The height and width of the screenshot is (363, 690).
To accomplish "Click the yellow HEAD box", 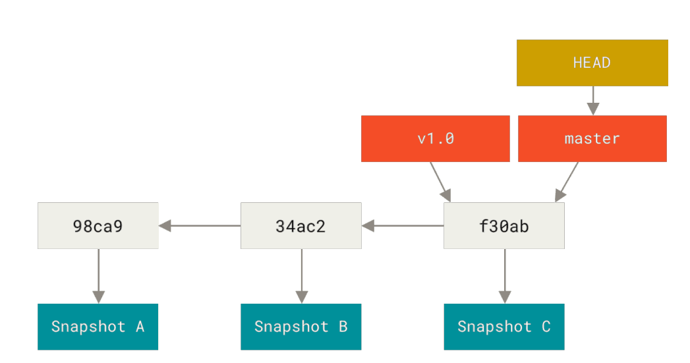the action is [592, 63].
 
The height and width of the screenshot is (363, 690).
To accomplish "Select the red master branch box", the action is [592, 138].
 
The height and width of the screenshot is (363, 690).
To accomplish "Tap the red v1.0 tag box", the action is [436, 138].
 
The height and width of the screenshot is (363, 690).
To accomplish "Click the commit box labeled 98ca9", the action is [98, 226].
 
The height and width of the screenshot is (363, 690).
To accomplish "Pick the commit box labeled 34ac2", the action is [301, 226].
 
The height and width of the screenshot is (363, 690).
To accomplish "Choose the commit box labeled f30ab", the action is [504, 226].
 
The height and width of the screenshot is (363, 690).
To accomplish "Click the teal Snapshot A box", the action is [98, 327].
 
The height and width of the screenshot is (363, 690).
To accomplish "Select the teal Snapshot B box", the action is [301, 327].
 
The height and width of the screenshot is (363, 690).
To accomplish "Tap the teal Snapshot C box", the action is [504, 327].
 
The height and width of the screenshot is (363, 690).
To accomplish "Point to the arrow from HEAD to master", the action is [593, 101].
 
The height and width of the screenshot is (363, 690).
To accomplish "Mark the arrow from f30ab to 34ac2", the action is [403, 226].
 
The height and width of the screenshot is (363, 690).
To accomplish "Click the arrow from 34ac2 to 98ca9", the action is [200, 226].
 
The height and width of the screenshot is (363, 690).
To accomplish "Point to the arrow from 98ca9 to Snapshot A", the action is [99, 276].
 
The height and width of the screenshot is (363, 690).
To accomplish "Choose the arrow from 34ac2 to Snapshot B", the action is [302, 276].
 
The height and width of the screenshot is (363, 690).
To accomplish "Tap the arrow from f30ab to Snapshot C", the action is [505, 276].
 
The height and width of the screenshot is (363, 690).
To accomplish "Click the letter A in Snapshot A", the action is [140, 327].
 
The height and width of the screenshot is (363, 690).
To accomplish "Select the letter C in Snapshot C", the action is [546, 327].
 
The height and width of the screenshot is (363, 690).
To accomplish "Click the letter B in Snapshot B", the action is [343, 327].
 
